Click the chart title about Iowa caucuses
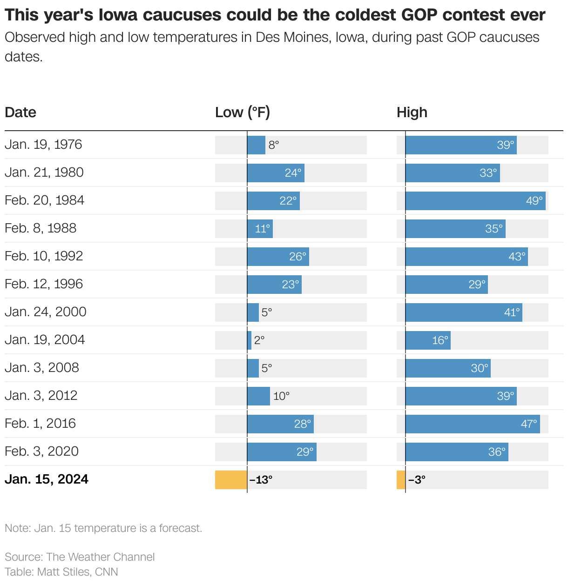[275, 15]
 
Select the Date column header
[20, 113]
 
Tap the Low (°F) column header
[242, 113]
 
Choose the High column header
[412, 113]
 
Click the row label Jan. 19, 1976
[43, 145]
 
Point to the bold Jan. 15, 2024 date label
[47, 479]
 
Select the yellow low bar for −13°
[231, 480]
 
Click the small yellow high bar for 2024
[401, 480]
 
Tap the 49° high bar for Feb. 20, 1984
[475, 201]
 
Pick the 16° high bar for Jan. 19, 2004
[427, 340]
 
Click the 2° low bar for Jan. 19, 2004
[250, 340]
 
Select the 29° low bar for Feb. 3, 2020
[282, 452]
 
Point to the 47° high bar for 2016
[472, 424]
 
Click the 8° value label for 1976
[274, 145]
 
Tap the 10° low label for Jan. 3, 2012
[281, 396]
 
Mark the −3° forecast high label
[417, 480]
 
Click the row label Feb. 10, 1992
[44, 256]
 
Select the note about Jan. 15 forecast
[103, 528]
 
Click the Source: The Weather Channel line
[80, 557]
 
